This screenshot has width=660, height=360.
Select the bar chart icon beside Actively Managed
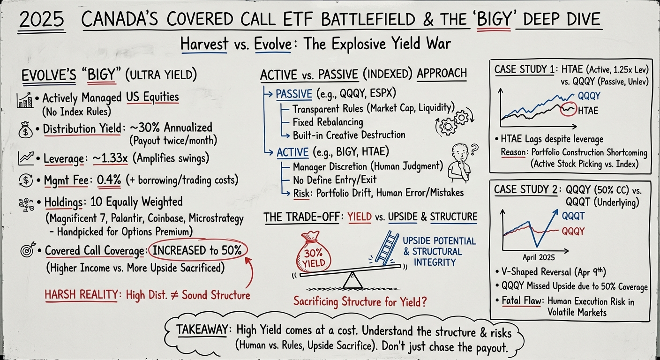pyautogui.click(x=25, y=99)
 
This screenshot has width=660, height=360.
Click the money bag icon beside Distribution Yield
pyautogui.click(x=25, y=129)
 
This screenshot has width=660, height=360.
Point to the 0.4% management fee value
pyautogui.click(x=109, y=180)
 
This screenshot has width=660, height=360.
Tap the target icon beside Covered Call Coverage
pyautogui.click(x=26, y=251)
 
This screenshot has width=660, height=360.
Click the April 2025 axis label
pyautogui.click(x=539, y=257)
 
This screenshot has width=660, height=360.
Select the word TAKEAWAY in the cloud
pyautogui.click(x=202, y=330)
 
